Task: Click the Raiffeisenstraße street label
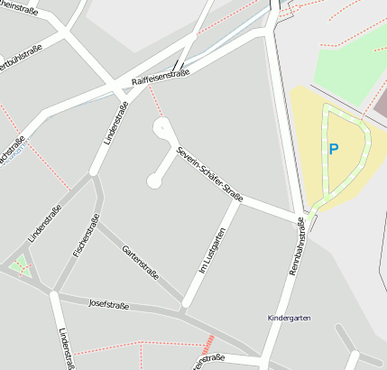click(160, 79)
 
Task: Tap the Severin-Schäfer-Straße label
click(210, 172)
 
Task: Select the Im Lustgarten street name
click(209, 251)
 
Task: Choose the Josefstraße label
click(108, 305)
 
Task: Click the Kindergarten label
click(288, 319)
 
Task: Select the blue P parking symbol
click(333, 149)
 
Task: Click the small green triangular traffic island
click(21, 266)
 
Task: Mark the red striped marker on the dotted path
click(208, 343)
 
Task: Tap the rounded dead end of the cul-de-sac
click(153, 183)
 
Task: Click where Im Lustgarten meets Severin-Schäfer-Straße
click(236, 200)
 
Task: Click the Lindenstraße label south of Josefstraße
click(65, 348)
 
